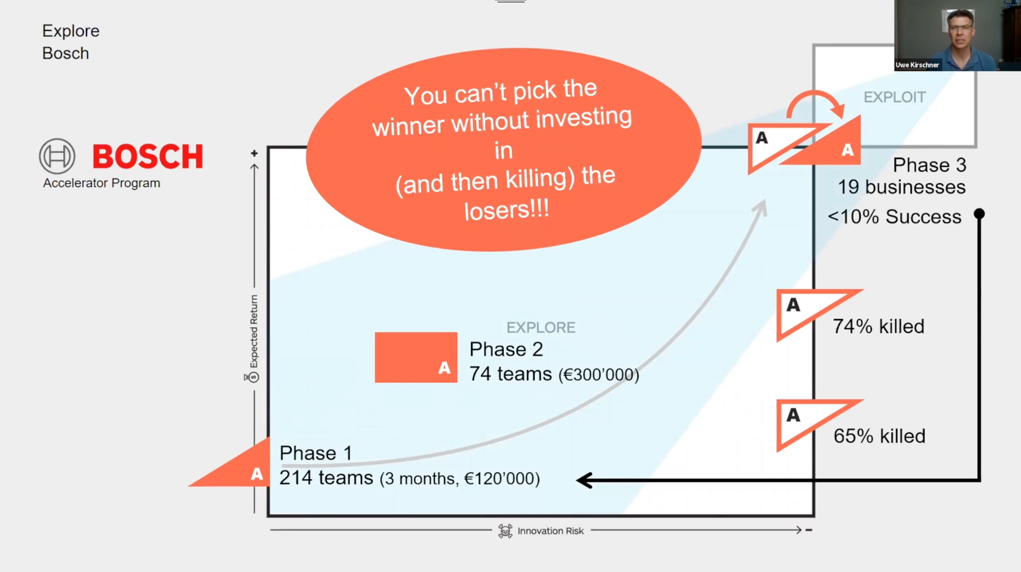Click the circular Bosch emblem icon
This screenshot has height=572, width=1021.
57,156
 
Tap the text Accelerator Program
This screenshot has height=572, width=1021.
102,183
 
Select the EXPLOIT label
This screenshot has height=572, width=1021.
894,97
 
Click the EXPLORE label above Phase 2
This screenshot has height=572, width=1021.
541,328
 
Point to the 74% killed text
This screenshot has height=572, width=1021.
878,327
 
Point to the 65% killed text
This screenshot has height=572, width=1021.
879,436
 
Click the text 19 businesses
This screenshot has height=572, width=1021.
902,187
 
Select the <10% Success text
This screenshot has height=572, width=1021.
894,217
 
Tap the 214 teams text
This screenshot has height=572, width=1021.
326,478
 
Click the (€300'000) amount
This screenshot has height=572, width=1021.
598,375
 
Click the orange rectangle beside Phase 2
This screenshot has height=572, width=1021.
416,357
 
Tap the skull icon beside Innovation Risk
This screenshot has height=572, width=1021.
505,531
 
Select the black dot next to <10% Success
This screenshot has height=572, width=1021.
979,214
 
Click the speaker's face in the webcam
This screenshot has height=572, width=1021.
960,31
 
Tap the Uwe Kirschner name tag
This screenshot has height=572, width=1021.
917,65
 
